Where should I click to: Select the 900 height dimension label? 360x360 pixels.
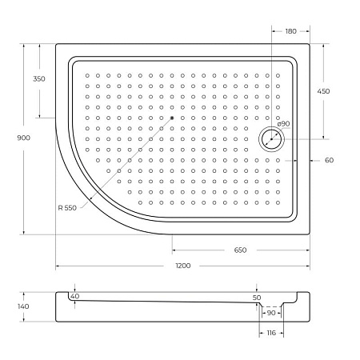tap(23, 138)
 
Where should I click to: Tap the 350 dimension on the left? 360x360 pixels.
tap(39, 78)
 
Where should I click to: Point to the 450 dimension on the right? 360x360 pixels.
tap(323, 91)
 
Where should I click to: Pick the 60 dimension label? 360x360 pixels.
tap(329, 160)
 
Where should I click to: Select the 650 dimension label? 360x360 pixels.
tap(240, 250)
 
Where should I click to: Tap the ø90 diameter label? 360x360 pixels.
tap(282, 124)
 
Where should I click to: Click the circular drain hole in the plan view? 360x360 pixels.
tap(272, 138)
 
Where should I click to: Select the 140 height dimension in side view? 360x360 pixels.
tap(23, 306)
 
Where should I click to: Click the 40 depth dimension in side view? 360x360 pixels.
tap(75, 296)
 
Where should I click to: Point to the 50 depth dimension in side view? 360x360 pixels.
tap(257, 298)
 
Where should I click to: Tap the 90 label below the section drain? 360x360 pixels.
tap(270, 313)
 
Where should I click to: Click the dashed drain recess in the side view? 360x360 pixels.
tap(270, 306)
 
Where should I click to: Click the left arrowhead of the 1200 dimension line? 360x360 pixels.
tap(58, 266)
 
